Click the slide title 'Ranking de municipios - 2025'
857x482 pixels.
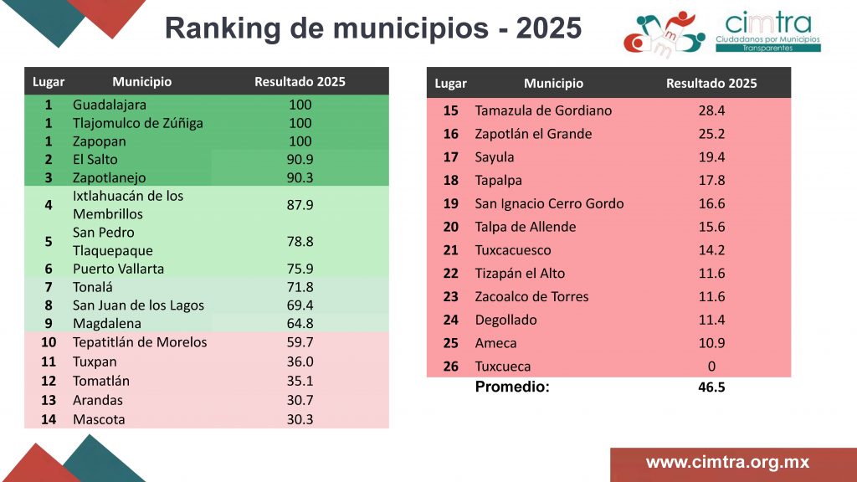point(372,28)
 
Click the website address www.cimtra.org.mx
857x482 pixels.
point(727,463)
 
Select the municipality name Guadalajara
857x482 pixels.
point(110,105)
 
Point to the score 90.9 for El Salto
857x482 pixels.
point(300,159)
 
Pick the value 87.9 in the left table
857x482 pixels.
point(300,205)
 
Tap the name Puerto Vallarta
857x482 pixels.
point(118,269)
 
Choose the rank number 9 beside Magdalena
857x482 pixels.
point(49,323)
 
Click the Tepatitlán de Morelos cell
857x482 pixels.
point(140,341)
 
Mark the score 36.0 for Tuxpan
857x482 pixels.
point(300,361)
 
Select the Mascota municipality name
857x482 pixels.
point(99,418)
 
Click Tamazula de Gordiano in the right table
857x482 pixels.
point(543,110)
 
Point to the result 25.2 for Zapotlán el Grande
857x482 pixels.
point(711,134)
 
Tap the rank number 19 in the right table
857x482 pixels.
point(451,203)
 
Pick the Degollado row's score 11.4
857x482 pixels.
point(711,320)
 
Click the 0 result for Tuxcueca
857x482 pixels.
point(711,367)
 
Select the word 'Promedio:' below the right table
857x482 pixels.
point(512,387)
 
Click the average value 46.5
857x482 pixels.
point(711,387)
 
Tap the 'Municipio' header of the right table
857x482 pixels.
point(553,83)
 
